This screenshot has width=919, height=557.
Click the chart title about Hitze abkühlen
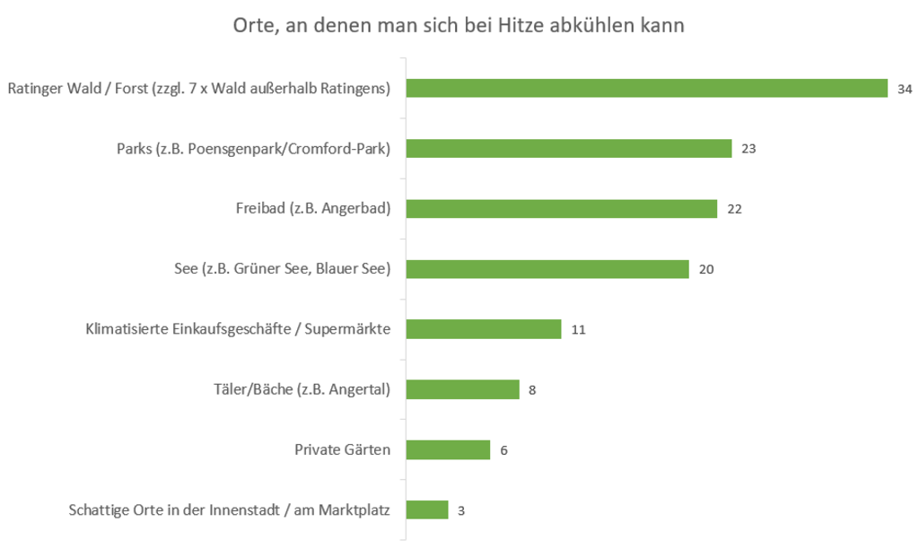459,26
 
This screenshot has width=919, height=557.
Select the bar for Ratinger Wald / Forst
646,88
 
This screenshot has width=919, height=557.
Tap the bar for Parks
569,148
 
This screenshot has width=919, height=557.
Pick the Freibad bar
562,209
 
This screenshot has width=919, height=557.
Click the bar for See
547,269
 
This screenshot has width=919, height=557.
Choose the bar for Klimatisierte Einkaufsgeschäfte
484,329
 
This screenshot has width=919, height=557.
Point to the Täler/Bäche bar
463,389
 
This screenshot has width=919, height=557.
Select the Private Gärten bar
448,449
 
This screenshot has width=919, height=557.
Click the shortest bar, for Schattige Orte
427,509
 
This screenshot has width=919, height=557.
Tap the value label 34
905,89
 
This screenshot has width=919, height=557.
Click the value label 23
748,149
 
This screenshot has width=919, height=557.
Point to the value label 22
734,209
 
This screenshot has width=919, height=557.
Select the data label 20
705,269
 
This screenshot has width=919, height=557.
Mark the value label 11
578,330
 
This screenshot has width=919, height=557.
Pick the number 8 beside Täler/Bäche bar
532,390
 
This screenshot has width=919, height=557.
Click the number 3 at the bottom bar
461,510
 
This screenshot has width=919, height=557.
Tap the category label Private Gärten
342,449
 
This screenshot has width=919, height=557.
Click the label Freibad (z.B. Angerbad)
306,209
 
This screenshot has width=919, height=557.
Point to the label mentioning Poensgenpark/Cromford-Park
253,149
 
